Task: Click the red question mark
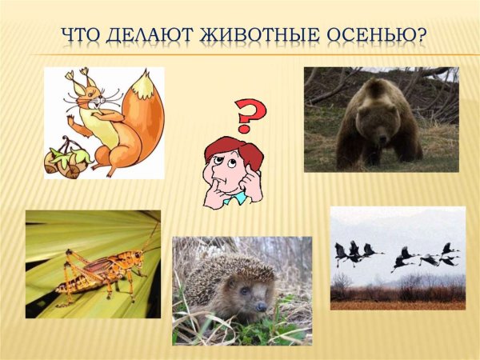point(251,114)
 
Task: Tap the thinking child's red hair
point(232,147)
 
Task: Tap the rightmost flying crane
point(449,254)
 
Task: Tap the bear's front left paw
point(350,158)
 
